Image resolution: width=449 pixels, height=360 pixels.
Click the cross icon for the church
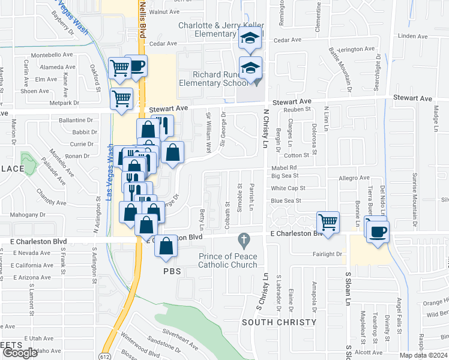pyautogui.click(x=243, y=241)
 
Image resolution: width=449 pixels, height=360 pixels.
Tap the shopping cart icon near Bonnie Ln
pyautogui.click(x=328, y=221)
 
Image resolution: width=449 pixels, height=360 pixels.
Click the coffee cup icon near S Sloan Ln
pyautogui.click(x=378, y=232)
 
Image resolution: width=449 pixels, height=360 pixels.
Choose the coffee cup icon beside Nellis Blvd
pyautogui.click(x=137, y=65)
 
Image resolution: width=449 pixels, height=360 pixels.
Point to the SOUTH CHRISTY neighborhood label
pyautogui.click(x=279, y=322)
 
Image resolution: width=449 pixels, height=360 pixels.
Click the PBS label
pyautogui.click(x=171, y=271)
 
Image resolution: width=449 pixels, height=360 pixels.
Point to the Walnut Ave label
pyautogui.click(x=164, y=11)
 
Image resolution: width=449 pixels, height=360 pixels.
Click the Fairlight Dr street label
pyautogui.click(x=327, y=254)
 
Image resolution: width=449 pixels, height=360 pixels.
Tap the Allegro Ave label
pyautogui.click(x=354, y=178)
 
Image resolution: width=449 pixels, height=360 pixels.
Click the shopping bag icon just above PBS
pyautogui.click(x=166, y=246)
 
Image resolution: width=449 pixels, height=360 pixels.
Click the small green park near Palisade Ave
pyautogui.click(x=28, y=161)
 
